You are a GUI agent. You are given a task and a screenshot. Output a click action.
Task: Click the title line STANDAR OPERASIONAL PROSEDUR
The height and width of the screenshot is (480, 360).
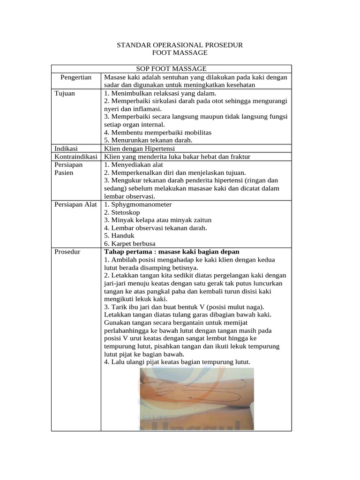tap(180, 45)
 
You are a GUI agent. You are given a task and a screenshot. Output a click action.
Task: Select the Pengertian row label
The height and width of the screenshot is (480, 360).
tap(76, 77)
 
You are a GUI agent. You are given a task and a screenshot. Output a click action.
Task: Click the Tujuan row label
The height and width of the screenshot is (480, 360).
tap(65, 93)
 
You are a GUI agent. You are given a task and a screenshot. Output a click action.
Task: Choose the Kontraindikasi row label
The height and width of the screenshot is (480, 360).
tap(76, 156)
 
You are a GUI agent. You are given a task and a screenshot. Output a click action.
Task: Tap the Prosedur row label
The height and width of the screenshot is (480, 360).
tap(67, 252)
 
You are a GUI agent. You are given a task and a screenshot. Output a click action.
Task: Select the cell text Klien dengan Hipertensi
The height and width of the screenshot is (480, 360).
tap(140, 148)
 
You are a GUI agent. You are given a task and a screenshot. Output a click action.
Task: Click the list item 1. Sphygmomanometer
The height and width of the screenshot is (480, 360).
tap(138, 204)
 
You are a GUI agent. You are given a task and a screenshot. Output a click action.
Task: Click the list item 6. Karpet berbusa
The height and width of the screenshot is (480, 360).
tap(129, 244)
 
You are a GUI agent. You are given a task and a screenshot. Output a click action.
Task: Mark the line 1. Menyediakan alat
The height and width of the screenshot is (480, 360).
tap(134, 165)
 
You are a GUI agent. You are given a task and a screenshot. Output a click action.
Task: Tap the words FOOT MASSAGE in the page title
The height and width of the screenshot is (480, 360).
tap(180, 53)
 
